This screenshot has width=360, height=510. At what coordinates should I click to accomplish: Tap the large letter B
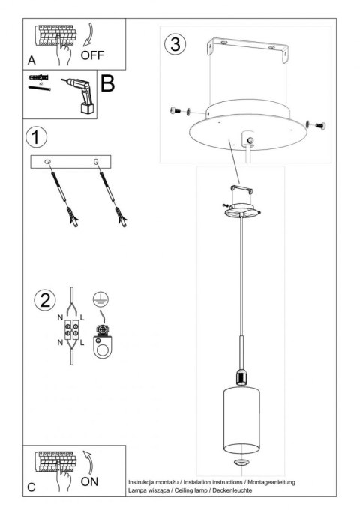106,84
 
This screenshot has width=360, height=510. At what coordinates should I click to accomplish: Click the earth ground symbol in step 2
97,299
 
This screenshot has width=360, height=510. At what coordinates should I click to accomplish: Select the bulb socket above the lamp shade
241,377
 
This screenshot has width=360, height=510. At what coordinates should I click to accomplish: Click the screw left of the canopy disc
178,111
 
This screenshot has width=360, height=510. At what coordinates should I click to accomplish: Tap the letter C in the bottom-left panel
31,487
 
